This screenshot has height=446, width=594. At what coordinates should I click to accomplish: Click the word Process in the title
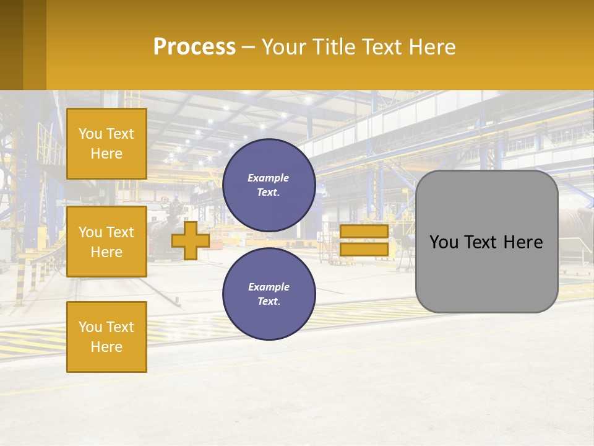click(x=194, y=47)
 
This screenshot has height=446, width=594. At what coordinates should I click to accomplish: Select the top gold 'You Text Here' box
click(x=106, y=144)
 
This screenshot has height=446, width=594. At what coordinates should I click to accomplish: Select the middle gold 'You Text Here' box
click(x=106, y=242)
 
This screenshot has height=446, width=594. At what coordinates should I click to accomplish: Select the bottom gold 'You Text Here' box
click(x=106, y=336)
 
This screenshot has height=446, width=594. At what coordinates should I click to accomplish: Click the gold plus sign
click(x=191, y=240)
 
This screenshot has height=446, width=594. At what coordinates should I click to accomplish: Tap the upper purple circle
click(x=269, y=185)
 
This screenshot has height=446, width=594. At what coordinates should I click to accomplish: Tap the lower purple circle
click(x=269, y=294)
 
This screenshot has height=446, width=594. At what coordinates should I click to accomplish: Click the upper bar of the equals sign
click(x=364, y=232)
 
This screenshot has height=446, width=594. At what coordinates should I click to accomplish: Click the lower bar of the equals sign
click(x=364, y=249)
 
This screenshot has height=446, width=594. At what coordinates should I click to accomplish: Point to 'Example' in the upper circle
click(x=268, y=178)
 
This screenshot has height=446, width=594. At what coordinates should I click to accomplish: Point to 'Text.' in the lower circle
click(x=269, y=302)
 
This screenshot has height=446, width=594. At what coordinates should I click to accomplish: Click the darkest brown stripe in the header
click(x=11, y=45)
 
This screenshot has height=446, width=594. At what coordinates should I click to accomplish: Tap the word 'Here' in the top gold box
click(x=106, y=154)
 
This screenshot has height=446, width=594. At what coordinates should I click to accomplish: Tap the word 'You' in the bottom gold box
click(x=90, y=327)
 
